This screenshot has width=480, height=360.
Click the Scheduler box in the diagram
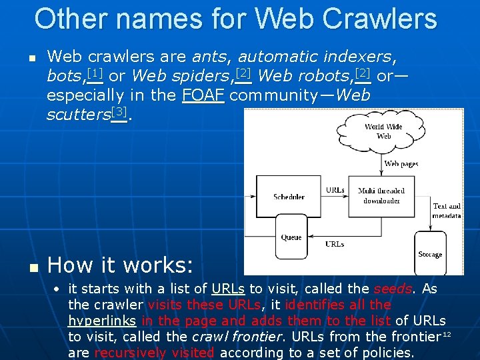289,197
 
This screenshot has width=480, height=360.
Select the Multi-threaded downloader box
381,195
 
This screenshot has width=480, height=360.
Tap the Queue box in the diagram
291,237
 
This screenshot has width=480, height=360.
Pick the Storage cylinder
430,253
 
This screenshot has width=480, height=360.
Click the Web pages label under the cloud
401,163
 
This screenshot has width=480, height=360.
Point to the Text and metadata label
446,211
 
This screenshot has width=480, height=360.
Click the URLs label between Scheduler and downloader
335,191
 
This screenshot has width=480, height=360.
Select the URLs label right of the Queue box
335,244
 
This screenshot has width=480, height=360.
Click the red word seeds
392,289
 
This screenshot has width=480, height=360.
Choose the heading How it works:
121,265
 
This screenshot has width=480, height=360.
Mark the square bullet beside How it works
30,267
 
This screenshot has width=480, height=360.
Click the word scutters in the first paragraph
78,114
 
